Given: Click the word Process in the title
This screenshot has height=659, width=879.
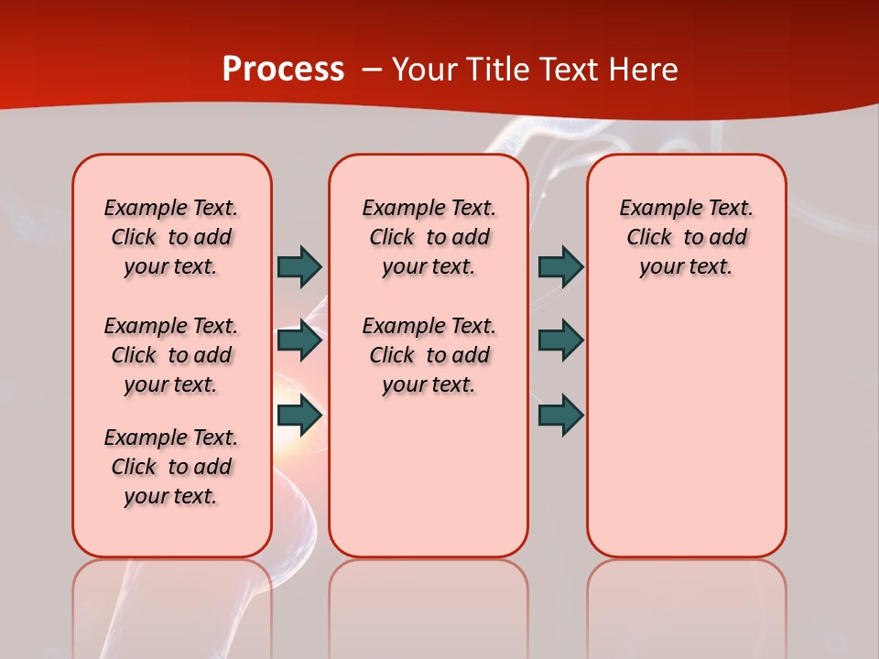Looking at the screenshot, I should point(283,70).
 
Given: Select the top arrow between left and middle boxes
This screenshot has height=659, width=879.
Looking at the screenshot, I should point(299,266).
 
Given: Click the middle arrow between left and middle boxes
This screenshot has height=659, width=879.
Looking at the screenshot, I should point(299,340).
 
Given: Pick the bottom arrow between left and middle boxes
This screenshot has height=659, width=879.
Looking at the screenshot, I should point(299,415).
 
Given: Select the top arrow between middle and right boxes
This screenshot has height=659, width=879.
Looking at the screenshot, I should point(560,266).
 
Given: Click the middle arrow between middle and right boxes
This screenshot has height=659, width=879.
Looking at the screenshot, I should point(560,340).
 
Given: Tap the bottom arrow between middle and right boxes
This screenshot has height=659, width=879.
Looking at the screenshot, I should point(560,415).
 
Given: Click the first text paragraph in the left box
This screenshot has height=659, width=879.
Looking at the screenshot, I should point(171,237).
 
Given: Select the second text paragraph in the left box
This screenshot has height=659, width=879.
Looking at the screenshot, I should point(171,355).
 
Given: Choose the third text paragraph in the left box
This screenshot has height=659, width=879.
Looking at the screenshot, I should point(171,467).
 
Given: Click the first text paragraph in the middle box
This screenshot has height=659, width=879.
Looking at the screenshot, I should point(429,237).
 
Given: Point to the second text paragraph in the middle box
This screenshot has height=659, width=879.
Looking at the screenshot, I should point(429,355).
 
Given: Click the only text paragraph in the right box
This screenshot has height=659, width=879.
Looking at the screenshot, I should point(686,237).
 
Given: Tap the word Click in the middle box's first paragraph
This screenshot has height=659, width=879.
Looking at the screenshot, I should point(392,238).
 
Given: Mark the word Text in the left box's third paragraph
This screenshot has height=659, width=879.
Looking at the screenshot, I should point(215,438).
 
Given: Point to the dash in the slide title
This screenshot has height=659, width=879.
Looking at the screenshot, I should point(372,70).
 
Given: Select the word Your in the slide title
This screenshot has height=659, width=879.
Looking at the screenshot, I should point(424,70).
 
